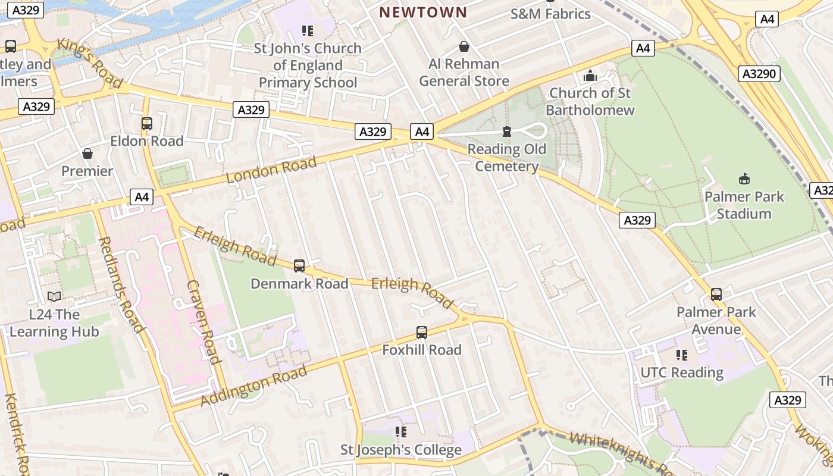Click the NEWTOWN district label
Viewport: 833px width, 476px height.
pos(423,12)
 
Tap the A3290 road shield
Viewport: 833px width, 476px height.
pos(759,74)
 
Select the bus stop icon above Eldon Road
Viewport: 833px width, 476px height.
pos(147,124)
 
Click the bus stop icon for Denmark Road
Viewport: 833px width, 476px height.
pos(299,266)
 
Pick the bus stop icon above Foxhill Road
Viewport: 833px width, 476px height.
pos(422,333)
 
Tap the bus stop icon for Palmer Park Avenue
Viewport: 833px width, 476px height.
pos(716,295)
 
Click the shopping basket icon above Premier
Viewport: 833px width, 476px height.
pos(87,154)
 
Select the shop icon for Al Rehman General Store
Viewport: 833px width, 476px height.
pos(464,46)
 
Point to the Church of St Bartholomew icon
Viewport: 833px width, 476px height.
pos(590,76)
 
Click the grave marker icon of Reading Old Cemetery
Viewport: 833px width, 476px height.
pos(507,131)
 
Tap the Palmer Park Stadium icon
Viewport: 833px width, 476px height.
pos(744,178)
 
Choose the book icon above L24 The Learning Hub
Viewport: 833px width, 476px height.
pos(54,296)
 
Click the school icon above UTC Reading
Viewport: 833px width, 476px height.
pos(682,355)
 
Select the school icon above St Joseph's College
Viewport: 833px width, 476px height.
pos(401,432)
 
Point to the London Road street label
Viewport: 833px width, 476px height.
pos(271,170)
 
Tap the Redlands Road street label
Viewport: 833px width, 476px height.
pos(121,284)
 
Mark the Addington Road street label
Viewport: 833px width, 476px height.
pos(254,386)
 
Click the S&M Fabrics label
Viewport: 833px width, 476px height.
pos(550,14)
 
